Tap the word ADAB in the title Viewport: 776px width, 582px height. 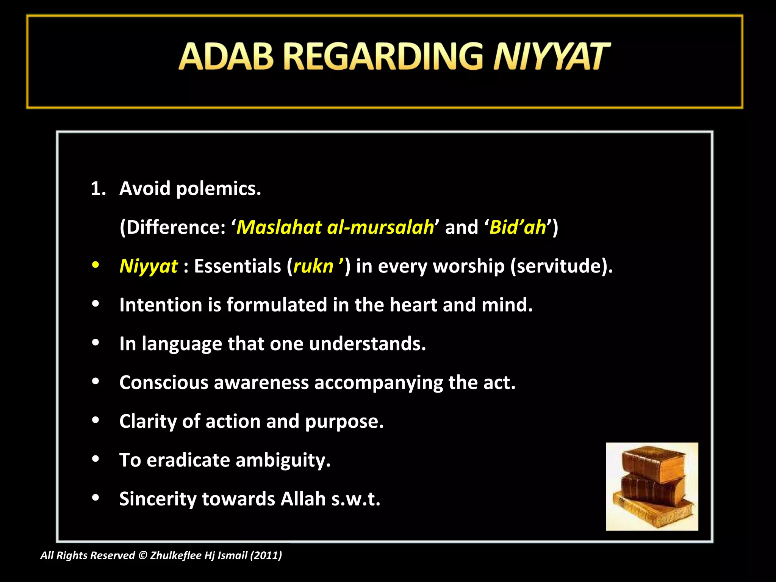pyautogui.click(x=226, y=57)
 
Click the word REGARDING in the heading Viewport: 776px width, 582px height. pyautogui.click(x=383, y=57)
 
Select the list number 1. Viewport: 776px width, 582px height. pyautogui.click(x=98, y=189)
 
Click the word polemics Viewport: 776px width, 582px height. pyautogui.click(x=219, y=189)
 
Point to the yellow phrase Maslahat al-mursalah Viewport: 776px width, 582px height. pyautogui.click(x=335, y=227)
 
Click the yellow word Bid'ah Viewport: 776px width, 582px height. pyautogui.click(x=518, y=227)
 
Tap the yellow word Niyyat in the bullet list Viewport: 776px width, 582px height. pyautogui.click(x=149, y=266)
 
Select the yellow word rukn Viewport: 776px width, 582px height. pyautogui.click(x=313, y=266)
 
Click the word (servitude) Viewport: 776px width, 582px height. pyautogui.click(x=561, y=266)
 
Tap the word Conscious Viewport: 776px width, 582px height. pyautogui.click(x=164, y=383)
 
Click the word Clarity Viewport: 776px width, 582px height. pyautogui.click(x=148, y=421)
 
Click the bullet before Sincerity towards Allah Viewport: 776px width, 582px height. pyautogui.click(x=95, y=498)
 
